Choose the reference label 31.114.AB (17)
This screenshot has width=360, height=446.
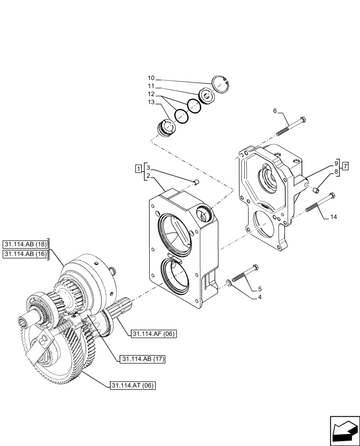coord(140,359)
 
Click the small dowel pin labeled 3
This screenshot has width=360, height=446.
coord(196,181)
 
